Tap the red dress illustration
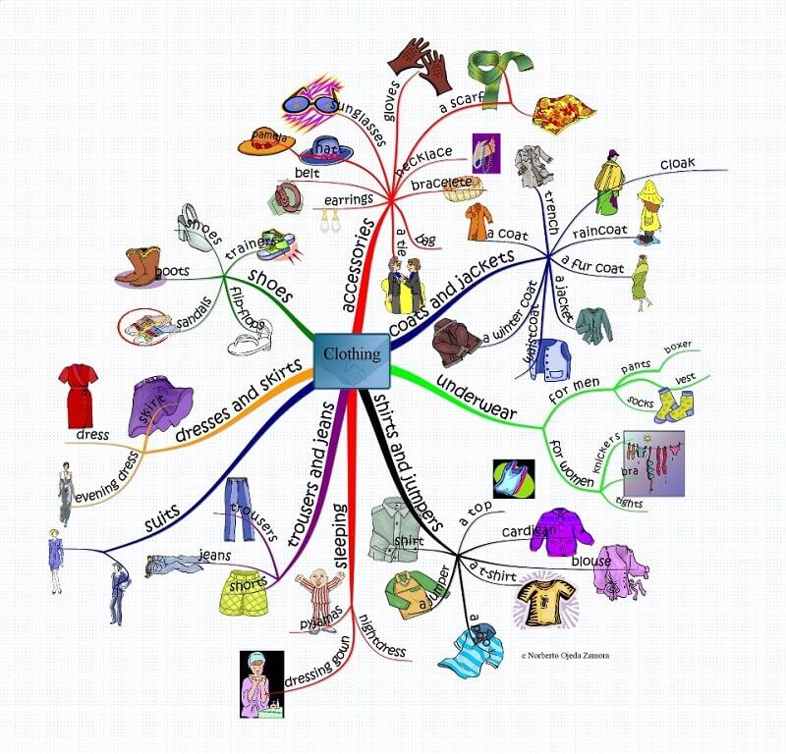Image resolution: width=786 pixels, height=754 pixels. click(x=78, y=392)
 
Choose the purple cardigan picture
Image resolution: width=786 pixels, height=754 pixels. click(x=562, y=531)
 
